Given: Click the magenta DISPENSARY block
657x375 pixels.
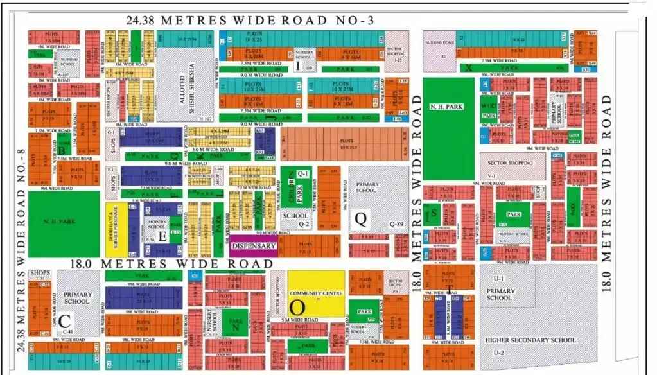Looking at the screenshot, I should (253, 246).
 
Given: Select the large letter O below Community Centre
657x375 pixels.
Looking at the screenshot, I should (297, 306).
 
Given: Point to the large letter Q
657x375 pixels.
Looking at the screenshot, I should (361, 220).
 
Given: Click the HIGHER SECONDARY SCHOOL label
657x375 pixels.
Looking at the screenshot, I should (531, 340).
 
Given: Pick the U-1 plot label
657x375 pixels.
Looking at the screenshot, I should (498, 277).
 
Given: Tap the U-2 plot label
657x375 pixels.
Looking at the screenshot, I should (498, 353).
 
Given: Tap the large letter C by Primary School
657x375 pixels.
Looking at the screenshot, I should (64, 321).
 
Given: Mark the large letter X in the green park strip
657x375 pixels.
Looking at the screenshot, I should (469, 67).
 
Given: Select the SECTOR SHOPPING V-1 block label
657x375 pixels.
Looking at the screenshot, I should (511, 164).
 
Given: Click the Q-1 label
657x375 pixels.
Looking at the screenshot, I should (303, 173).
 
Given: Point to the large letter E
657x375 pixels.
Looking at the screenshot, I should (162, 236).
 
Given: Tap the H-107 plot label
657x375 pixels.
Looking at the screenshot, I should (206, 119).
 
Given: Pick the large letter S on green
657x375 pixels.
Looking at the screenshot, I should (434, 212).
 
